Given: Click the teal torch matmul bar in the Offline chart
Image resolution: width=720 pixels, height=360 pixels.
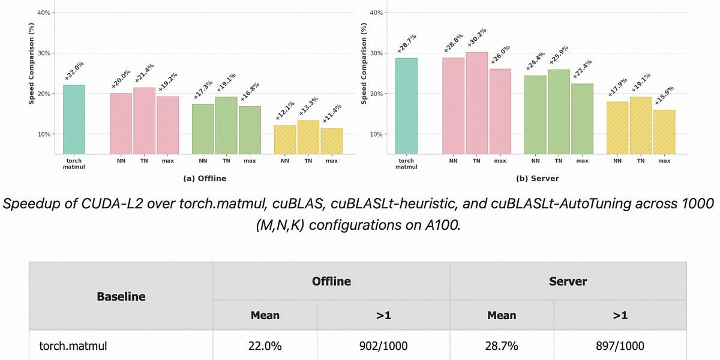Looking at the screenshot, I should [74, 119].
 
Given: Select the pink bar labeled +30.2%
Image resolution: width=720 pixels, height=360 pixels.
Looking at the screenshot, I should [476, 103].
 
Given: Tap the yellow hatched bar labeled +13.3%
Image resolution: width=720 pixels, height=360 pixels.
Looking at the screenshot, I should [308, 137].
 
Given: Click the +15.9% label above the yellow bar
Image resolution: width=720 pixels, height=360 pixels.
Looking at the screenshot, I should [665, 97].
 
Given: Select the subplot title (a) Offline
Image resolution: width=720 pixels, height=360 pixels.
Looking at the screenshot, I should [205, 179].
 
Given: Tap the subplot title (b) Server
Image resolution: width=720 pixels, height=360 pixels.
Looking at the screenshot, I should [537, 179].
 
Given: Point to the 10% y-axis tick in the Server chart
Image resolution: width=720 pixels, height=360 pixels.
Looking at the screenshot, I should [377, 134].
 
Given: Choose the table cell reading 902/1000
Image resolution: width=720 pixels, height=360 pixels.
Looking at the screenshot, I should [383, 346].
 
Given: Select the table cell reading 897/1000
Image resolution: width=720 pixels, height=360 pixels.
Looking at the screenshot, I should [620, 346].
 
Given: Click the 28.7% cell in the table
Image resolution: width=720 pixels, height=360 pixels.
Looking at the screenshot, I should [502, 346].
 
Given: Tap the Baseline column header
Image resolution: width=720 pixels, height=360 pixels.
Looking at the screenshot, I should [121, 296].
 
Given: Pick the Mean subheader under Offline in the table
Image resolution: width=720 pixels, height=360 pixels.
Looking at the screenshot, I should [265, 316].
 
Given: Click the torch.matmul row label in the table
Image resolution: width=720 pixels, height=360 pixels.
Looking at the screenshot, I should [71, 346].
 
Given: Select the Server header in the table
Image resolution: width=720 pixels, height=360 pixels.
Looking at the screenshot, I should [568, 281].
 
